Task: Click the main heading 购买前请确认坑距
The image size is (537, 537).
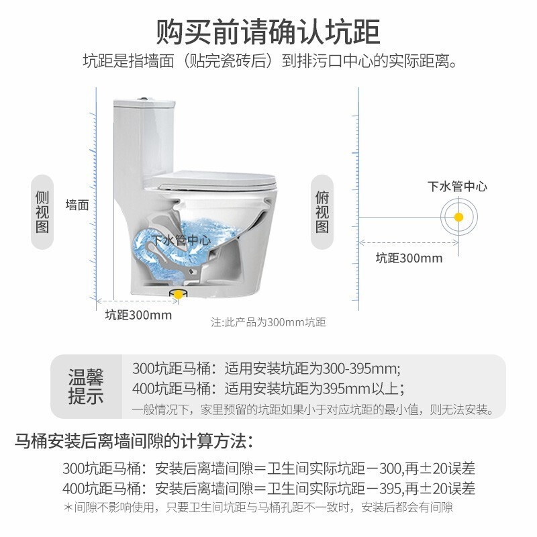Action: (x=268, y=32)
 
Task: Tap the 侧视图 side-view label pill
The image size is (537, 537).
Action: (x=42, y=212)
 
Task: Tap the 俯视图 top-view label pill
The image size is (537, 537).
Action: (x=322, y=212)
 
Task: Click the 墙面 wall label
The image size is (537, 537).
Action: (x=77, y=205)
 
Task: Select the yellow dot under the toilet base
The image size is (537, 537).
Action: (x=178, y=295)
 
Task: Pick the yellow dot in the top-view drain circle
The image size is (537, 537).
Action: (x=458, y=217)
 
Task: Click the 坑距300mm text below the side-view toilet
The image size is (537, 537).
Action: (x=138, y=315)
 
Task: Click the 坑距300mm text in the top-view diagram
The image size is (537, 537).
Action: (x=409, y=258)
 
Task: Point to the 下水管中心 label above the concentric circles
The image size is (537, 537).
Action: (x=457, y=187)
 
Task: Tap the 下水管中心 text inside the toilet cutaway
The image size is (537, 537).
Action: (x=181, y=240)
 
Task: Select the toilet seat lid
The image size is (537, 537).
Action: (x=215, y=181)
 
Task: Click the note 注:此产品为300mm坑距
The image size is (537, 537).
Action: (x=268, y=322)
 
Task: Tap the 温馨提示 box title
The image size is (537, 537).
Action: (x=86, y=387)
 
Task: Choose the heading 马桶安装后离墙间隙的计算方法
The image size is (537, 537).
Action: (x=134, y=441)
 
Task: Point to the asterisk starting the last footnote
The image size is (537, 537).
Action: (x=68, y=507)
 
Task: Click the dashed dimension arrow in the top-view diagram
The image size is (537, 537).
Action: (x=409, y=243)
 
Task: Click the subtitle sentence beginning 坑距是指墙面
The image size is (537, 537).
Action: (x=271, y=61)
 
